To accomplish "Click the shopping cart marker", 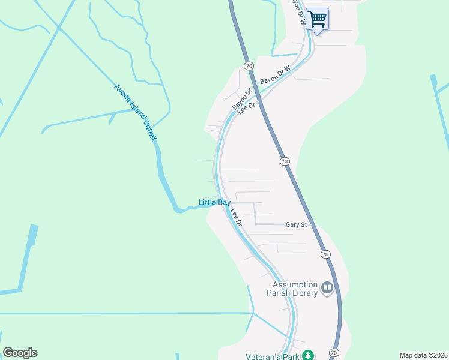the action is [317, 19].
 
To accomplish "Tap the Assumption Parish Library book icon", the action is [327, 289].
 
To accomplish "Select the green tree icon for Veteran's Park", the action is [308, 355].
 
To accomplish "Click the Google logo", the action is [20, 353].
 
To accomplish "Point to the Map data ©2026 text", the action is [423, 355].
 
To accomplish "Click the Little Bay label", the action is [215, 203].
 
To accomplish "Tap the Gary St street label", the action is [297, 224].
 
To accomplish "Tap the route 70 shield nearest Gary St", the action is [325, 254].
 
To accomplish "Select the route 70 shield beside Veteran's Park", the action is [334, 352].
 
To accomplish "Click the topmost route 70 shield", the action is [248, 65].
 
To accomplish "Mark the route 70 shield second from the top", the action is [285, 161].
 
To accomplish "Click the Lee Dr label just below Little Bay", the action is [235, 217].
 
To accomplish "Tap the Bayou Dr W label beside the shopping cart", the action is [296, 11].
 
